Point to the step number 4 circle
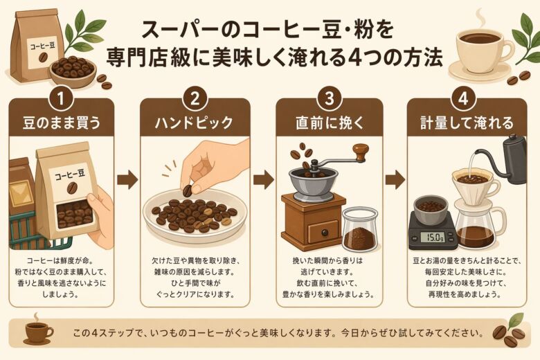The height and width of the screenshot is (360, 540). coord(460,97)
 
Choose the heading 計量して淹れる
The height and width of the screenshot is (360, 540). coord(460,124)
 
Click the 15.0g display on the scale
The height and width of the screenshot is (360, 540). coord(433,237)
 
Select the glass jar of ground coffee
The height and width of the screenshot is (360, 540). coord(360,232)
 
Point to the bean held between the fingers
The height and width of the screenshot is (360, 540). coord(187,189)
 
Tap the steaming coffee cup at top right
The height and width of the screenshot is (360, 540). coord(479,47)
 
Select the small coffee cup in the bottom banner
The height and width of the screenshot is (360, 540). coord(37,331)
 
